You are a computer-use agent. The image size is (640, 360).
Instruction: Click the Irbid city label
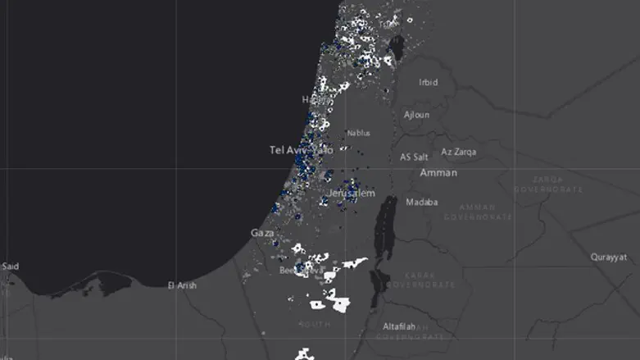pos(428,82)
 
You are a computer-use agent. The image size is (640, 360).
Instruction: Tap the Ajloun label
pos(416,115)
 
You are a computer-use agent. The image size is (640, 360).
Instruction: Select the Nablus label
pos(358,133)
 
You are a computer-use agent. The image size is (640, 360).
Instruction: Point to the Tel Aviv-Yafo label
pos(301,150)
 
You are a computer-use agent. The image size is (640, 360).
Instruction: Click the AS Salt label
pos(414,157)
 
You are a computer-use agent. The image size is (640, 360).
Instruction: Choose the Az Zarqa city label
pos(457,152)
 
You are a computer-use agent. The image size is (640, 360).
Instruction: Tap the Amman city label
pos(438,173)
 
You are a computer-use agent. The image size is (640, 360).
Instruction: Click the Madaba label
pos(421,202)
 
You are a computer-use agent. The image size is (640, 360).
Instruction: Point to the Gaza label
pos(262,234)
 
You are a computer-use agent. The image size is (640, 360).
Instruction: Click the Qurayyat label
pos(608,257)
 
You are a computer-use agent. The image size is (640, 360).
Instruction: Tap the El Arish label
pos(182,285)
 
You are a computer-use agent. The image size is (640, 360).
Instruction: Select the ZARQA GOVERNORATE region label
pos(547,184)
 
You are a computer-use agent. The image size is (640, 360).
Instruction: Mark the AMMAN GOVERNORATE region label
pos(478,212)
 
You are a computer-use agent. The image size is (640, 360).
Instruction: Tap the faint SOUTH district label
pos(316,324)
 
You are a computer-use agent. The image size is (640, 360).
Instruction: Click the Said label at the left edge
pos(10,266)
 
